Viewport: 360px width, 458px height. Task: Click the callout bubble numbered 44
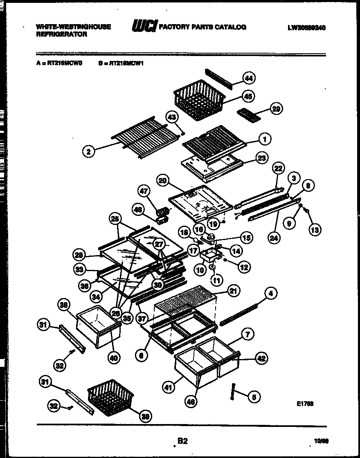coord(249,78)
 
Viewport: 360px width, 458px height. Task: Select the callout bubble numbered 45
coord(248,96)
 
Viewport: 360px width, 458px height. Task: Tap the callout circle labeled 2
coord(88,152)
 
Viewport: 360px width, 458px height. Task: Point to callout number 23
coord(260,157)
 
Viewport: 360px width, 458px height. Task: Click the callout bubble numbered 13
coord(314,230)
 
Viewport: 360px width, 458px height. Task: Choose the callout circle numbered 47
coord(144,191)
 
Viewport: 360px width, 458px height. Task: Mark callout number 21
coord(233,291)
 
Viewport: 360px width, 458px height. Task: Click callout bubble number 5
coord(254,396)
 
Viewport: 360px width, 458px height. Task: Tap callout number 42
coord(261,358)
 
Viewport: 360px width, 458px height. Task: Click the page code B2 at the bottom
coord(182,441)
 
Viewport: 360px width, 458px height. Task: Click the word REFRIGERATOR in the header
coord(61,35)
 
